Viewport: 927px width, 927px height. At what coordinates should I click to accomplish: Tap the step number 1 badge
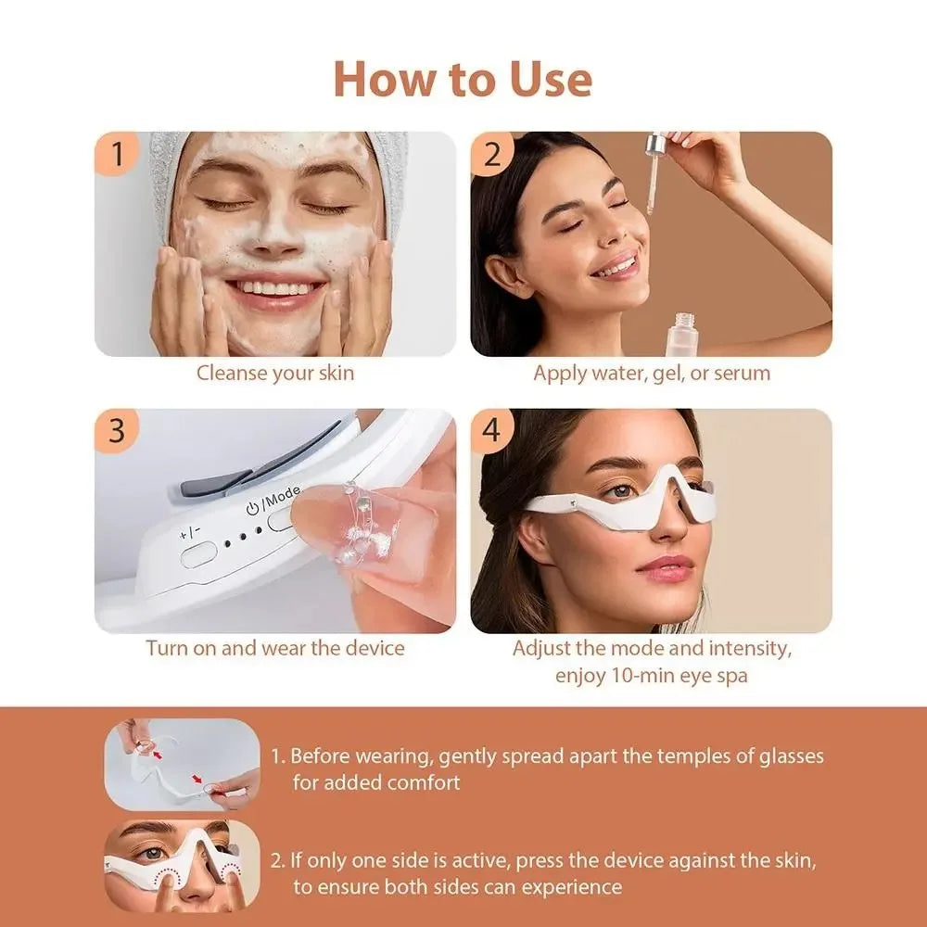[117, 154]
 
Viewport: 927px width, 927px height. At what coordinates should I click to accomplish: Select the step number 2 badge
[493, 154]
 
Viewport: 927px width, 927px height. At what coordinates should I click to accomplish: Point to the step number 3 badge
[117, 431]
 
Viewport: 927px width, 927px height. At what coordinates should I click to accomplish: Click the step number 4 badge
[493, 431]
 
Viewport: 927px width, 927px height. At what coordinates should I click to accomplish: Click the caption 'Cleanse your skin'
[274, 374]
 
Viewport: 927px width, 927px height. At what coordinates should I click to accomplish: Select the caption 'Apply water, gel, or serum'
[651, 374]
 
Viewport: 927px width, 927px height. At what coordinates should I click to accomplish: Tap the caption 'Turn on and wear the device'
[274, 647]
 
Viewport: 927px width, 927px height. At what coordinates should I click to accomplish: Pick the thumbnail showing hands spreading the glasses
[181, 765]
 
